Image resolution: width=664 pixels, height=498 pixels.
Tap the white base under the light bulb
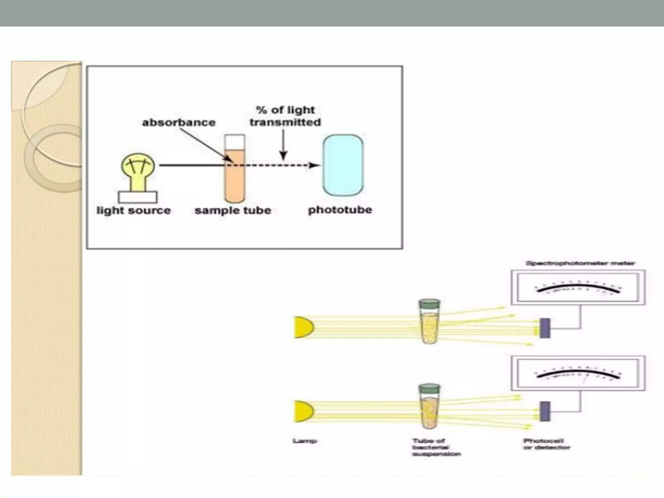pos(137,197)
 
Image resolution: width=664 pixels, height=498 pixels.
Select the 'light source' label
pos(134,210)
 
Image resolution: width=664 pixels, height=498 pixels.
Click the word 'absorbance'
pos(179,123)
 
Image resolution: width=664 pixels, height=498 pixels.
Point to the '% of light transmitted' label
pos(285,116)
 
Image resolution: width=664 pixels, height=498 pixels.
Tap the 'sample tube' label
pos(232,210)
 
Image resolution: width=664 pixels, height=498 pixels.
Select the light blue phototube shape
pos(343,165)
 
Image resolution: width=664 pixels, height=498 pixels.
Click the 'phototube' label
pos(340,210)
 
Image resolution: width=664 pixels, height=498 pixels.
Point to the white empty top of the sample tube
pos(235,142)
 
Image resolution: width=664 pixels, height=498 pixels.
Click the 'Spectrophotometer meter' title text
pos(580,263)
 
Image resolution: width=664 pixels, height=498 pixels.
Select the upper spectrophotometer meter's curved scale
pos(578,288)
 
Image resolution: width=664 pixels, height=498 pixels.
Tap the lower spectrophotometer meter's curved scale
pos(578,373)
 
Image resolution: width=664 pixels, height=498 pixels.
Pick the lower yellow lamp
pos(303,411)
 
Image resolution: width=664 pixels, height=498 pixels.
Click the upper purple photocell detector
pos(545,328)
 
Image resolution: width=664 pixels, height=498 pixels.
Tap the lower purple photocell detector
pos(545,411)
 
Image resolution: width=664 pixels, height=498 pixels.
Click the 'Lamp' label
pos(304,441)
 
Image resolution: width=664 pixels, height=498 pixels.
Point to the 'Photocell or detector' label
pos(546,444)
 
